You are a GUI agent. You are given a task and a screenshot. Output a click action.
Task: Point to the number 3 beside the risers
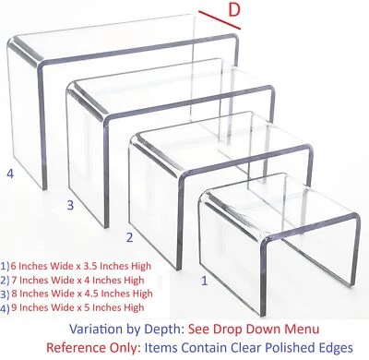[69, 204]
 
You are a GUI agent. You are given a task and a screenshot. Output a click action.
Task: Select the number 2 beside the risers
[130, 237]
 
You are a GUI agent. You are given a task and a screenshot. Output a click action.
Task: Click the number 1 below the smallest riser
[204, 276]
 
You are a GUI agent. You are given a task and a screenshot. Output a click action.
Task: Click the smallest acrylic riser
[277, 235]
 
